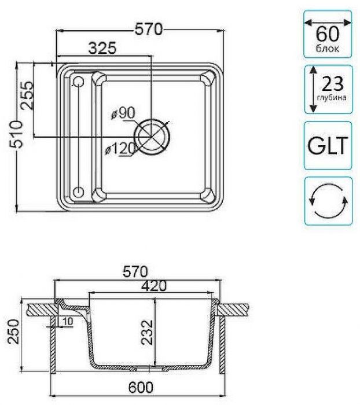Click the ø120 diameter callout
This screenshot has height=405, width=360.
[120, 149]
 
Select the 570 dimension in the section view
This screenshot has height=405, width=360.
[134, 270]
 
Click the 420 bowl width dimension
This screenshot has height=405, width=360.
[153, 285]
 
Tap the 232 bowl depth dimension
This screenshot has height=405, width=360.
[145, 333]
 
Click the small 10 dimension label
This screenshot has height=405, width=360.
[68, 321]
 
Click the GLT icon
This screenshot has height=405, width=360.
[328, 145]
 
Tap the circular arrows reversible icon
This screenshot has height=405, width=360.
[328, 201]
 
